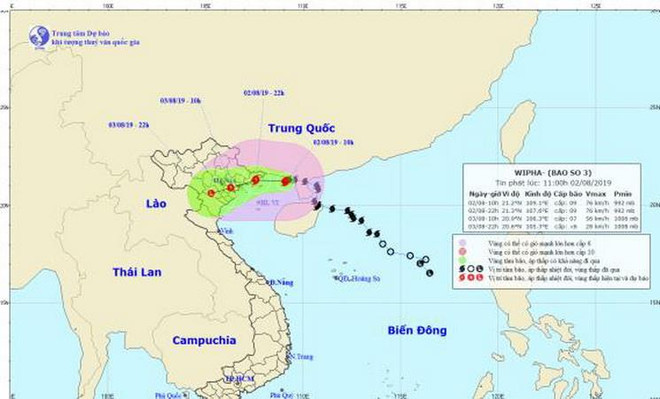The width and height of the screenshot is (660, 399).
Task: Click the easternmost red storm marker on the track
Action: tap(287, 181)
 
